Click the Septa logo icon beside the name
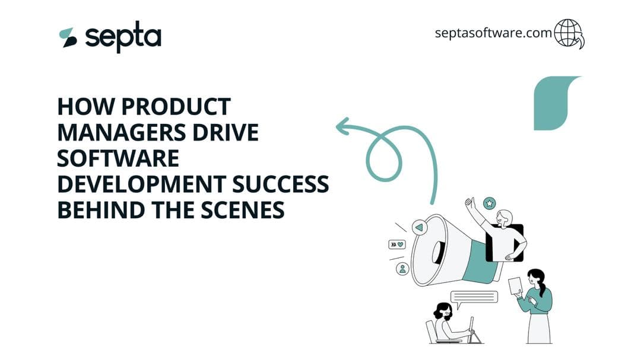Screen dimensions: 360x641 coord(68,37)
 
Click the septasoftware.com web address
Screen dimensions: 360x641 coord(493,33)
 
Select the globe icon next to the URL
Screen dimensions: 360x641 coord(569,33)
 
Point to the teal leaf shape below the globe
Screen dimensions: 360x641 coord(554,102)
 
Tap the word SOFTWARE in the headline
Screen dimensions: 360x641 coord(118,158)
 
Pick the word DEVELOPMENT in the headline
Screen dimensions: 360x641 coord(141,184)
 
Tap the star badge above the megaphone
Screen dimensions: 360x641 coord(489,203)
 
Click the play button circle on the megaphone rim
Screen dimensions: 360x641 coord(420,227)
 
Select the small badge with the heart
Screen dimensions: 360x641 coord(396,244)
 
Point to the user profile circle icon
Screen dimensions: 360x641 coord(403,269)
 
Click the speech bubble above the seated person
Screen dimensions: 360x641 coord(474,297)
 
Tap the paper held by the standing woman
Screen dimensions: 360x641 coord(515,286)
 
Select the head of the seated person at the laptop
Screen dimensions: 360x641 coord(442,311)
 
